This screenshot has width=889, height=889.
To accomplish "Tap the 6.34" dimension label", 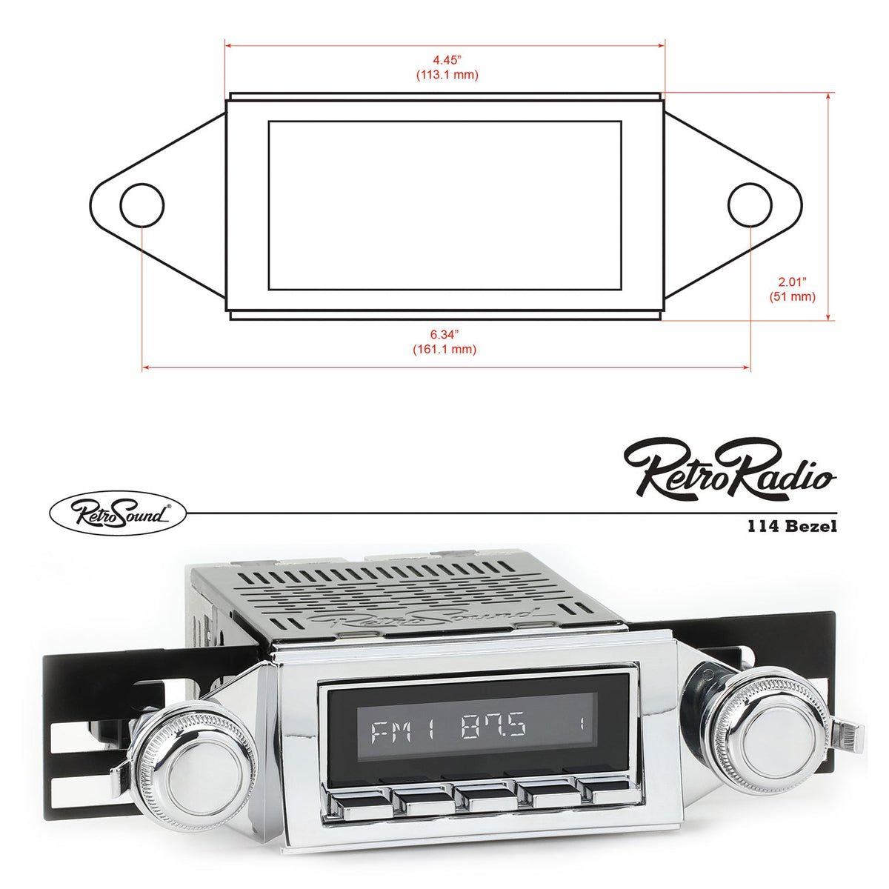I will tap(445, 335).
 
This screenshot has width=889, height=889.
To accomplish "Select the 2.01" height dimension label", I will tap(792, 282).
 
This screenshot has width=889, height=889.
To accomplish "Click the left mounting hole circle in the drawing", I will tap(142, 204).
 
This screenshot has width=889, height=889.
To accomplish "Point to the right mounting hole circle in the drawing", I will tap(750, 204).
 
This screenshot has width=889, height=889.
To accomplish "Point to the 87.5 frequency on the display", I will tap(493, 728).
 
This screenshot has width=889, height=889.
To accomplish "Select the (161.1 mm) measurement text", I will tap(444, 349).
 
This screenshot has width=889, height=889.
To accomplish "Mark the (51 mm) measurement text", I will tap(792, 296).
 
